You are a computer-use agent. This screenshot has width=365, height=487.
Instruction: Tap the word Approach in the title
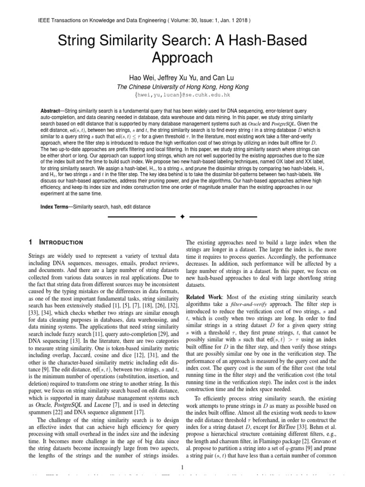(x=182, y=58)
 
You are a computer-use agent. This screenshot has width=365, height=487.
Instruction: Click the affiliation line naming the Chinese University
(x=182, y=87)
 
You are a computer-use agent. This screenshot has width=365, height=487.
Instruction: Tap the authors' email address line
(x=182, y=95)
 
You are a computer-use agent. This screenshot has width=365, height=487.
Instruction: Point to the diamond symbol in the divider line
(x=182, y=217)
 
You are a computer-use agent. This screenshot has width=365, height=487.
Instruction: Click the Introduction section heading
(x=61, y=242)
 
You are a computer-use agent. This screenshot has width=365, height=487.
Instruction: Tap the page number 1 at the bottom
(x=182, y=468)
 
